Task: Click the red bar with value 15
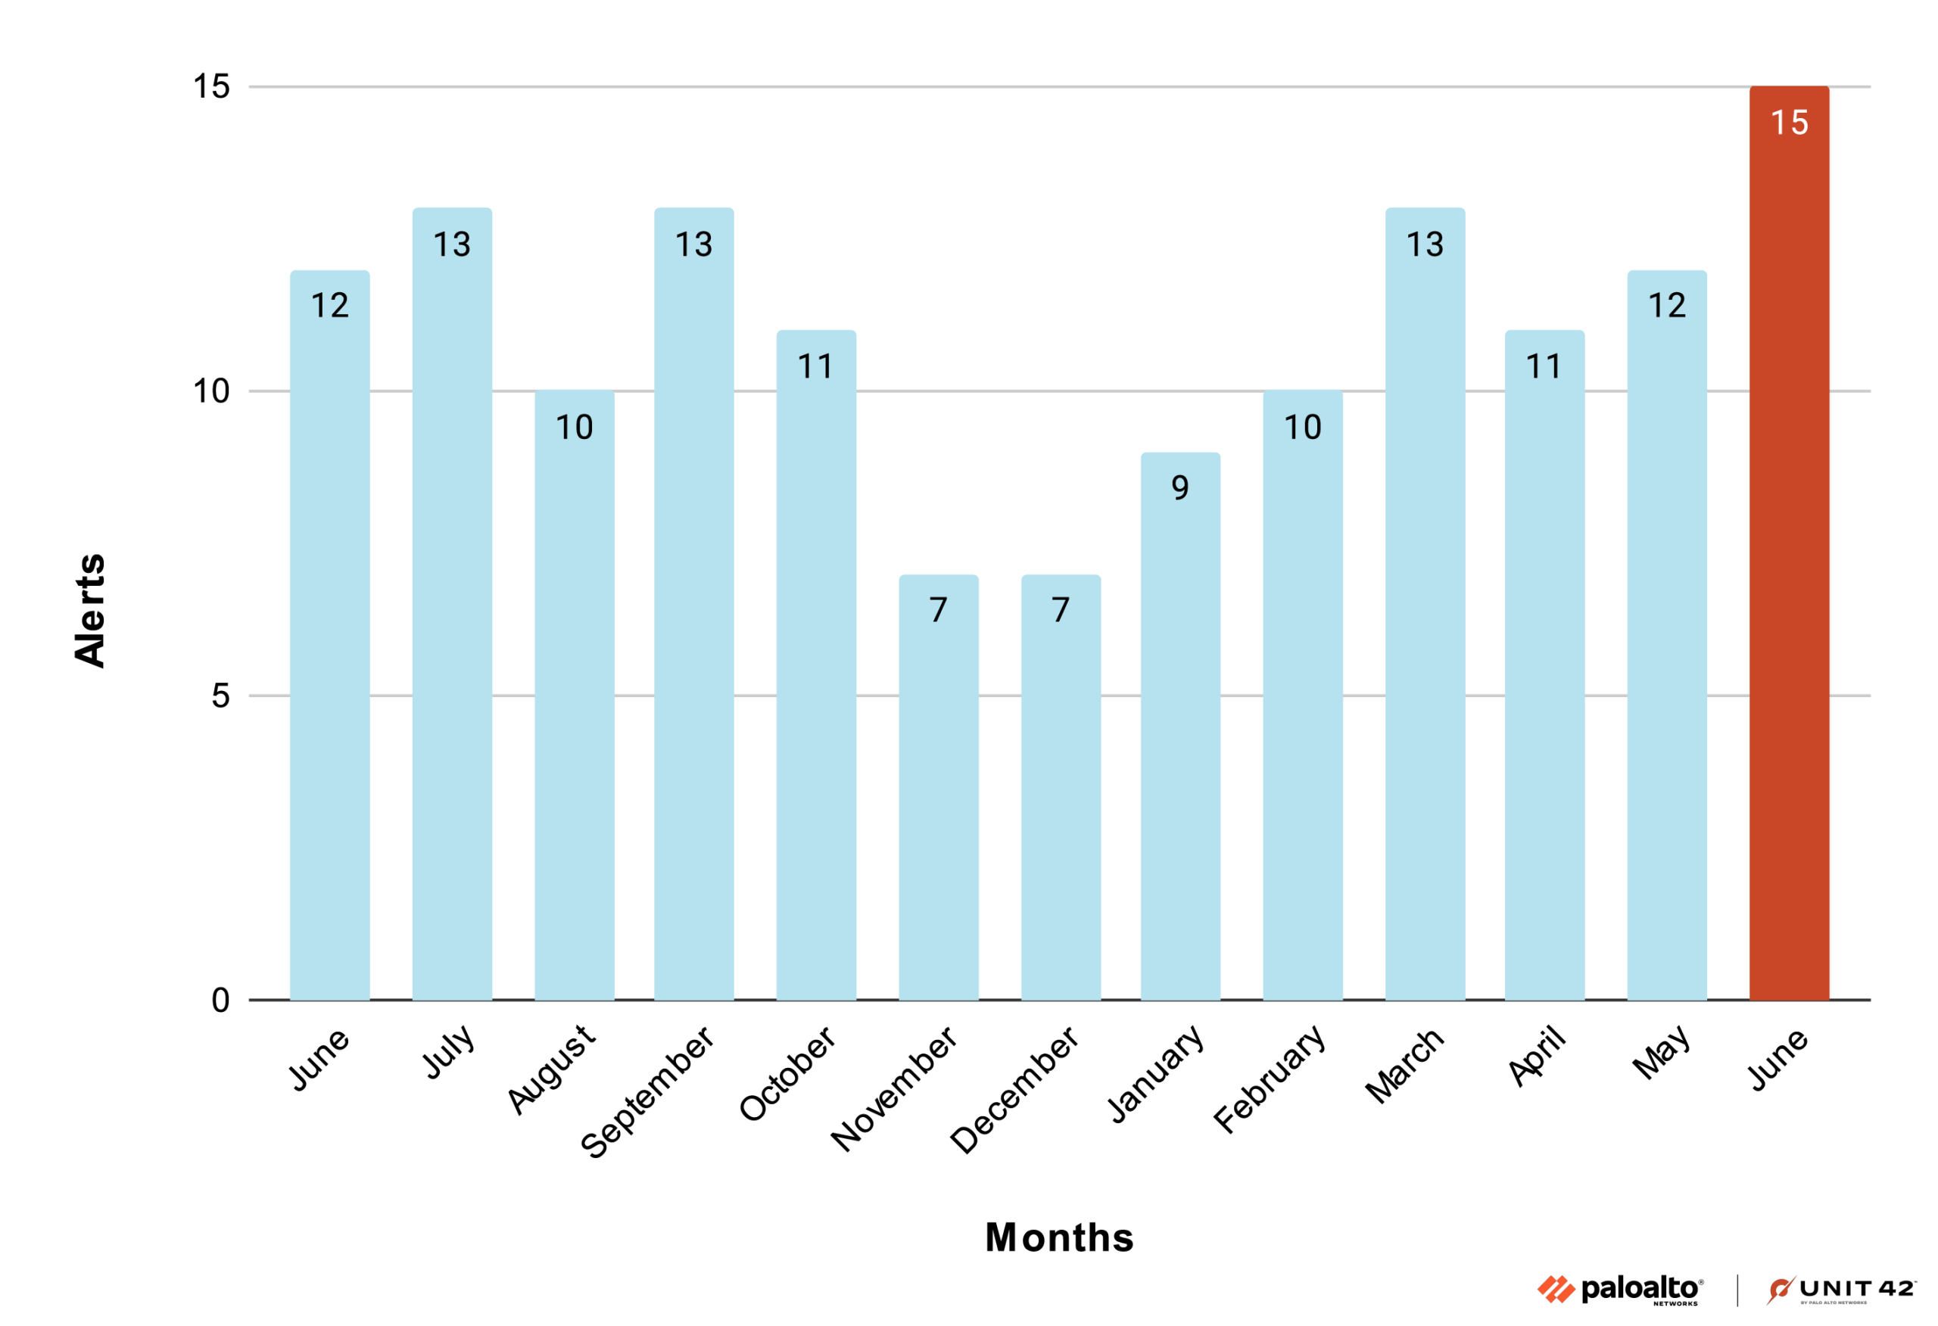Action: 1789,584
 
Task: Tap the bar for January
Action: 1180,751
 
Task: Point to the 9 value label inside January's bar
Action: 1180,488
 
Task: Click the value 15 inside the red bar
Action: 1790,123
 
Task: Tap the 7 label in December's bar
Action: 1060,609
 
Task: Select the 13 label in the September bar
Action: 693,244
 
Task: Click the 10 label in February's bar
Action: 1303,428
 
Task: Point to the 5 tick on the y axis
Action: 220,696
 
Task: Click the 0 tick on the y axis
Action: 220,1000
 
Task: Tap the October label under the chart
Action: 787,1073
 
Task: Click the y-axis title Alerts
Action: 90,611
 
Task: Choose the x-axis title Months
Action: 1059,1237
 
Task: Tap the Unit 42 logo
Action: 1840,1290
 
